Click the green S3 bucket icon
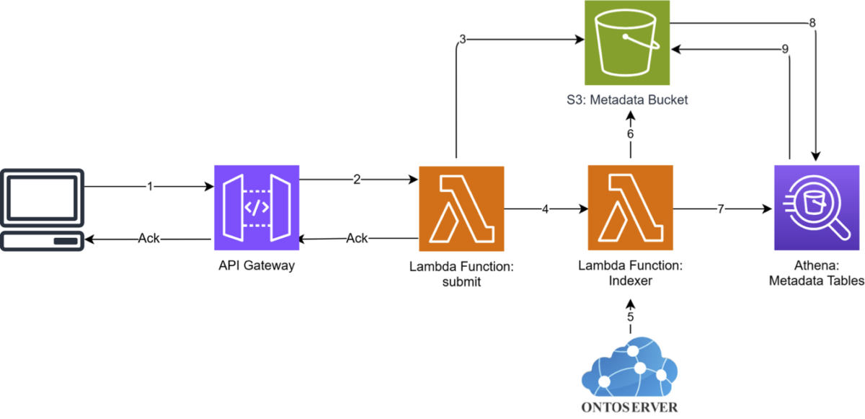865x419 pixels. pos(626,43)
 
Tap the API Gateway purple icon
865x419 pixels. pos(257,208)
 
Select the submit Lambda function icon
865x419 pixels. pos(461,208)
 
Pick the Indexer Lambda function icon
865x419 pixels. pos(630,208)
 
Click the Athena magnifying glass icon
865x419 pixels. pos(817,208)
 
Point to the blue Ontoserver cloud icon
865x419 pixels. pos(629,367)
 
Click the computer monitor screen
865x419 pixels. pos(42,198)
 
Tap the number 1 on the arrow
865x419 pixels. pos(150,187)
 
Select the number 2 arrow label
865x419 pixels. pos(357,179)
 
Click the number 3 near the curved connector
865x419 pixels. pos(463,40)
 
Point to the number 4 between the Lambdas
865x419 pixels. pos(545,209)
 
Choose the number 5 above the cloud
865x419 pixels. pos(630,317)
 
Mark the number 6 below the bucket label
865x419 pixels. pos(630,134)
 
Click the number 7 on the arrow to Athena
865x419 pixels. pos(721,209)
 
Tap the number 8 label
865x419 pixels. pos(812,23)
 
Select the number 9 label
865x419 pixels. pos(785,49)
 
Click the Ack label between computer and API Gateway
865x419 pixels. pos(149,238)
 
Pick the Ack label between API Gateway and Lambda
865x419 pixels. pos(357,238)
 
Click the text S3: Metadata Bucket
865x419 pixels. pos(627,100)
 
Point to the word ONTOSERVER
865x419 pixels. pos(629,407)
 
